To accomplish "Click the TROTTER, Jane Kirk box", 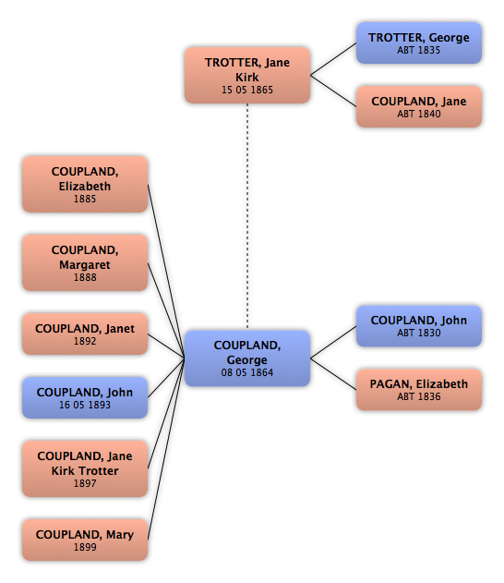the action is pyautogui.click(x=247, y=75).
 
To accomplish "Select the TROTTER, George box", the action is pyautogui.click(x=419, y=43).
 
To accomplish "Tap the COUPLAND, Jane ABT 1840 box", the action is pyautogui.click(x=419, y=106).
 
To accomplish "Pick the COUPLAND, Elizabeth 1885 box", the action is pyautogui.click(x=85, y=185).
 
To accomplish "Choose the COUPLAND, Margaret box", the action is pyautogui.click(x=85, y=263).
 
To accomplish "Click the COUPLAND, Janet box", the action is pyautogui.click(x=85, y=334).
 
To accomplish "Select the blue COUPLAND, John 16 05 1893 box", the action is pyautogui.click(x=85, y=397).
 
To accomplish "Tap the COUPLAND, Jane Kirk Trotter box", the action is pyautogui.click(x=85, y=468).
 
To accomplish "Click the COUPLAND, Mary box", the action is pyautogui.click(x=85, y=540).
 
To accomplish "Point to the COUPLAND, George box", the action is pyautogui.click(x=247, y=358).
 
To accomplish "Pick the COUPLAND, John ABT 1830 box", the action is pyautogui.click(x=419, y=326).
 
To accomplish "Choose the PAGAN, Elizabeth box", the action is pyautogui.click(x=419, y=390).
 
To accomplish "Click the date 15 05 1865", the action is pyautogui.click(x=247, y=90).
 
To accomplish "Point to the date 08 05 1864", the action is pyautogui.click(x=247, y=372).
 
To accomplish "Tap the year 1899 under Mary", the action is pyautogui.click(x=85, y=547).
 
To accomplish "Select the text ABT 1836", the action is pyautogui.click(x=419, y=396).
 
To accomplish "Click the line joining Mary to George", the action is pyautogui.click(x=166, y=449).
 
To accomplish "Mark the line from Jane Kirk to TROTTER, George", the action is pyautogui.click(x=333, y=59).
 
